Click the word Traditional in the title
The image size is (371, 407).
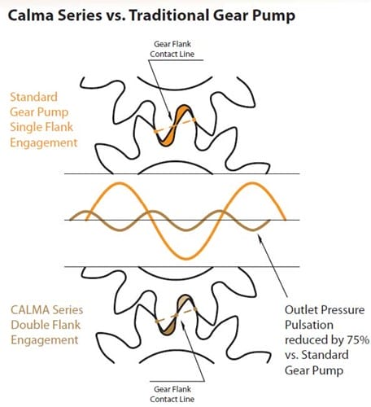tap(169, 15)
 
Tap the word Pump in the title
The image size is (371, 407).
tap(273, 16)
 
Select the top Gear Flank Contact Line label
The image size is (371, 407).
tap(172, 49)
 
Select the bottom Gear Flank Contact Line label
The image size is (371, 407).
tap(172, 394)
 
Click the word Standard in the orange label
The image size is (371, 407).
tap(33, 97)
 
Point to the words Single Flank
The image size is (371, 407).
tap(41, 127)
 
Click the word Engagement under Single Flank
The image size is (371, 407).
tap(44, 143)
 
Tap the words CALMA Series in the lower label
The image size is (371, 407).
tap(46, 310)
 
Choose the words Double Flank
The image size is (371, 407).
tap(46, 325)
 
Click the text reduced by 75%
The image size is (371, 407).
tap(327, 340)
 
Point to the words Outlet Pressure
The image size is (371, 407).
tap(325, 310)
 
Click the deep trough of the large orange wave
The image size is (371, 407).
tap(186, 258)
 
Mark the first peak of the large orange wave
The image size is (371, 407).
tap(118, 184)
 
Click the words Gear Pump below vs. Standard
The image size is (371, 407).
tap(314, 370)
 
